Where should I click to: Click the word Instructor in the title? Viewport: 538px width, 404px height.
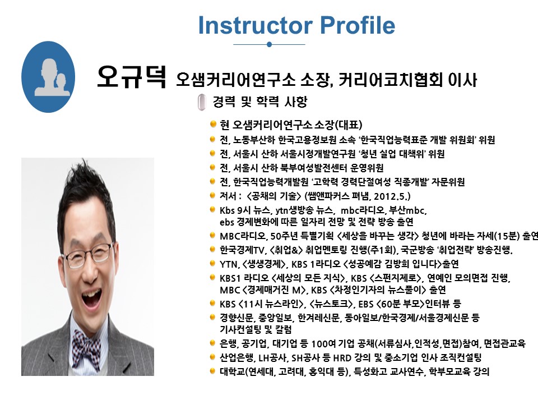[x=256, y=25]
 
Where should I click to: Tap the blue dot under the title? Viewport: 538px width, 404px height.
[x=270, y=44]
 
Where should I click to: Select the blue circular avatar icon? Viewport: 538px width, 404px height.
[x=48, y=77]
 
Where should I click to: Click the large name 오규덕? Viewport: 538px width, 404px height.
[x=132, y=76]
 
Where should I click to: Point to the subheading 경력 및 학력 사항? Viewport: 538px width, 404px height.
[x=259, y=102]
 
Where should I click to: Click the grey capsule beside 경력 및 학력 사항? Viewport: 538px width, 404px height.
[x=202, y=102]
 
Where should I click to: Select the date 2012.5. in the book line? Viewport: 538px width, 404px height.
[x=392, y=196]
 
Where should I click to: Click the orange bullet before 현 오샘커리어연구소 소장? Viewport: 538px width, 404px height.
[x=213, y=123]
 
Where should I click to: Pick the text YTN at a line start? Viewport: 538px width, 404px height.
[x=229, y=264]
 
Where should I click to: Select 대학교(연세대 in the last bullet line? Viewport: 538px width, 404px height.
[x=247, y=371]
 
